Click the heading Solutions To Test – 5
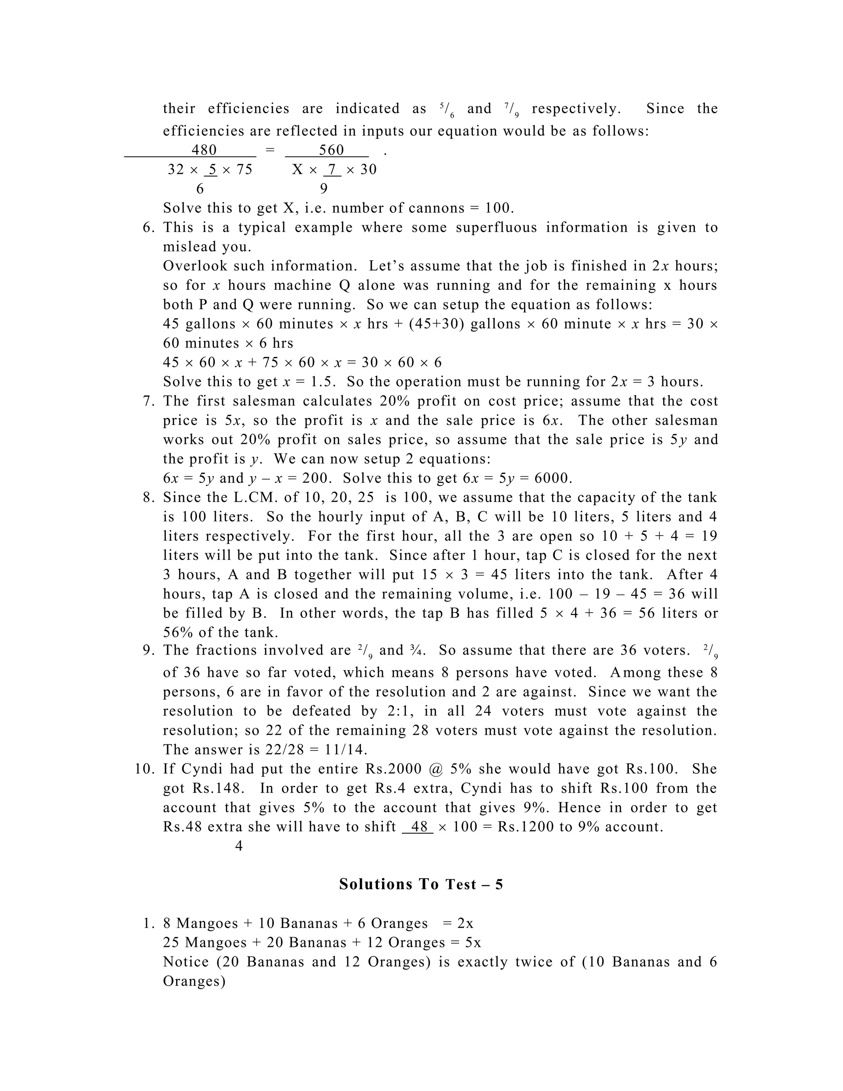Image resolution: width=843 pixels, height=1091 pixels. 421,885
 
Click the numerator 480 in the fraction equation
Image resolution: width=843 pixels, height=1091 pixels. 204,150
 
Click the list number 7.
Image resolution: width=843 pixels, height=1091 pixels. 148,401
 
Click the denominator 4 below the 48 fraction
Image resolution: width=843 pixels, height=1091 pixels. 239,846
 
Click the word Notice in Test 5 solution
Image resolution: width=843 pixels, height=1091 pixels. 186,962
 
